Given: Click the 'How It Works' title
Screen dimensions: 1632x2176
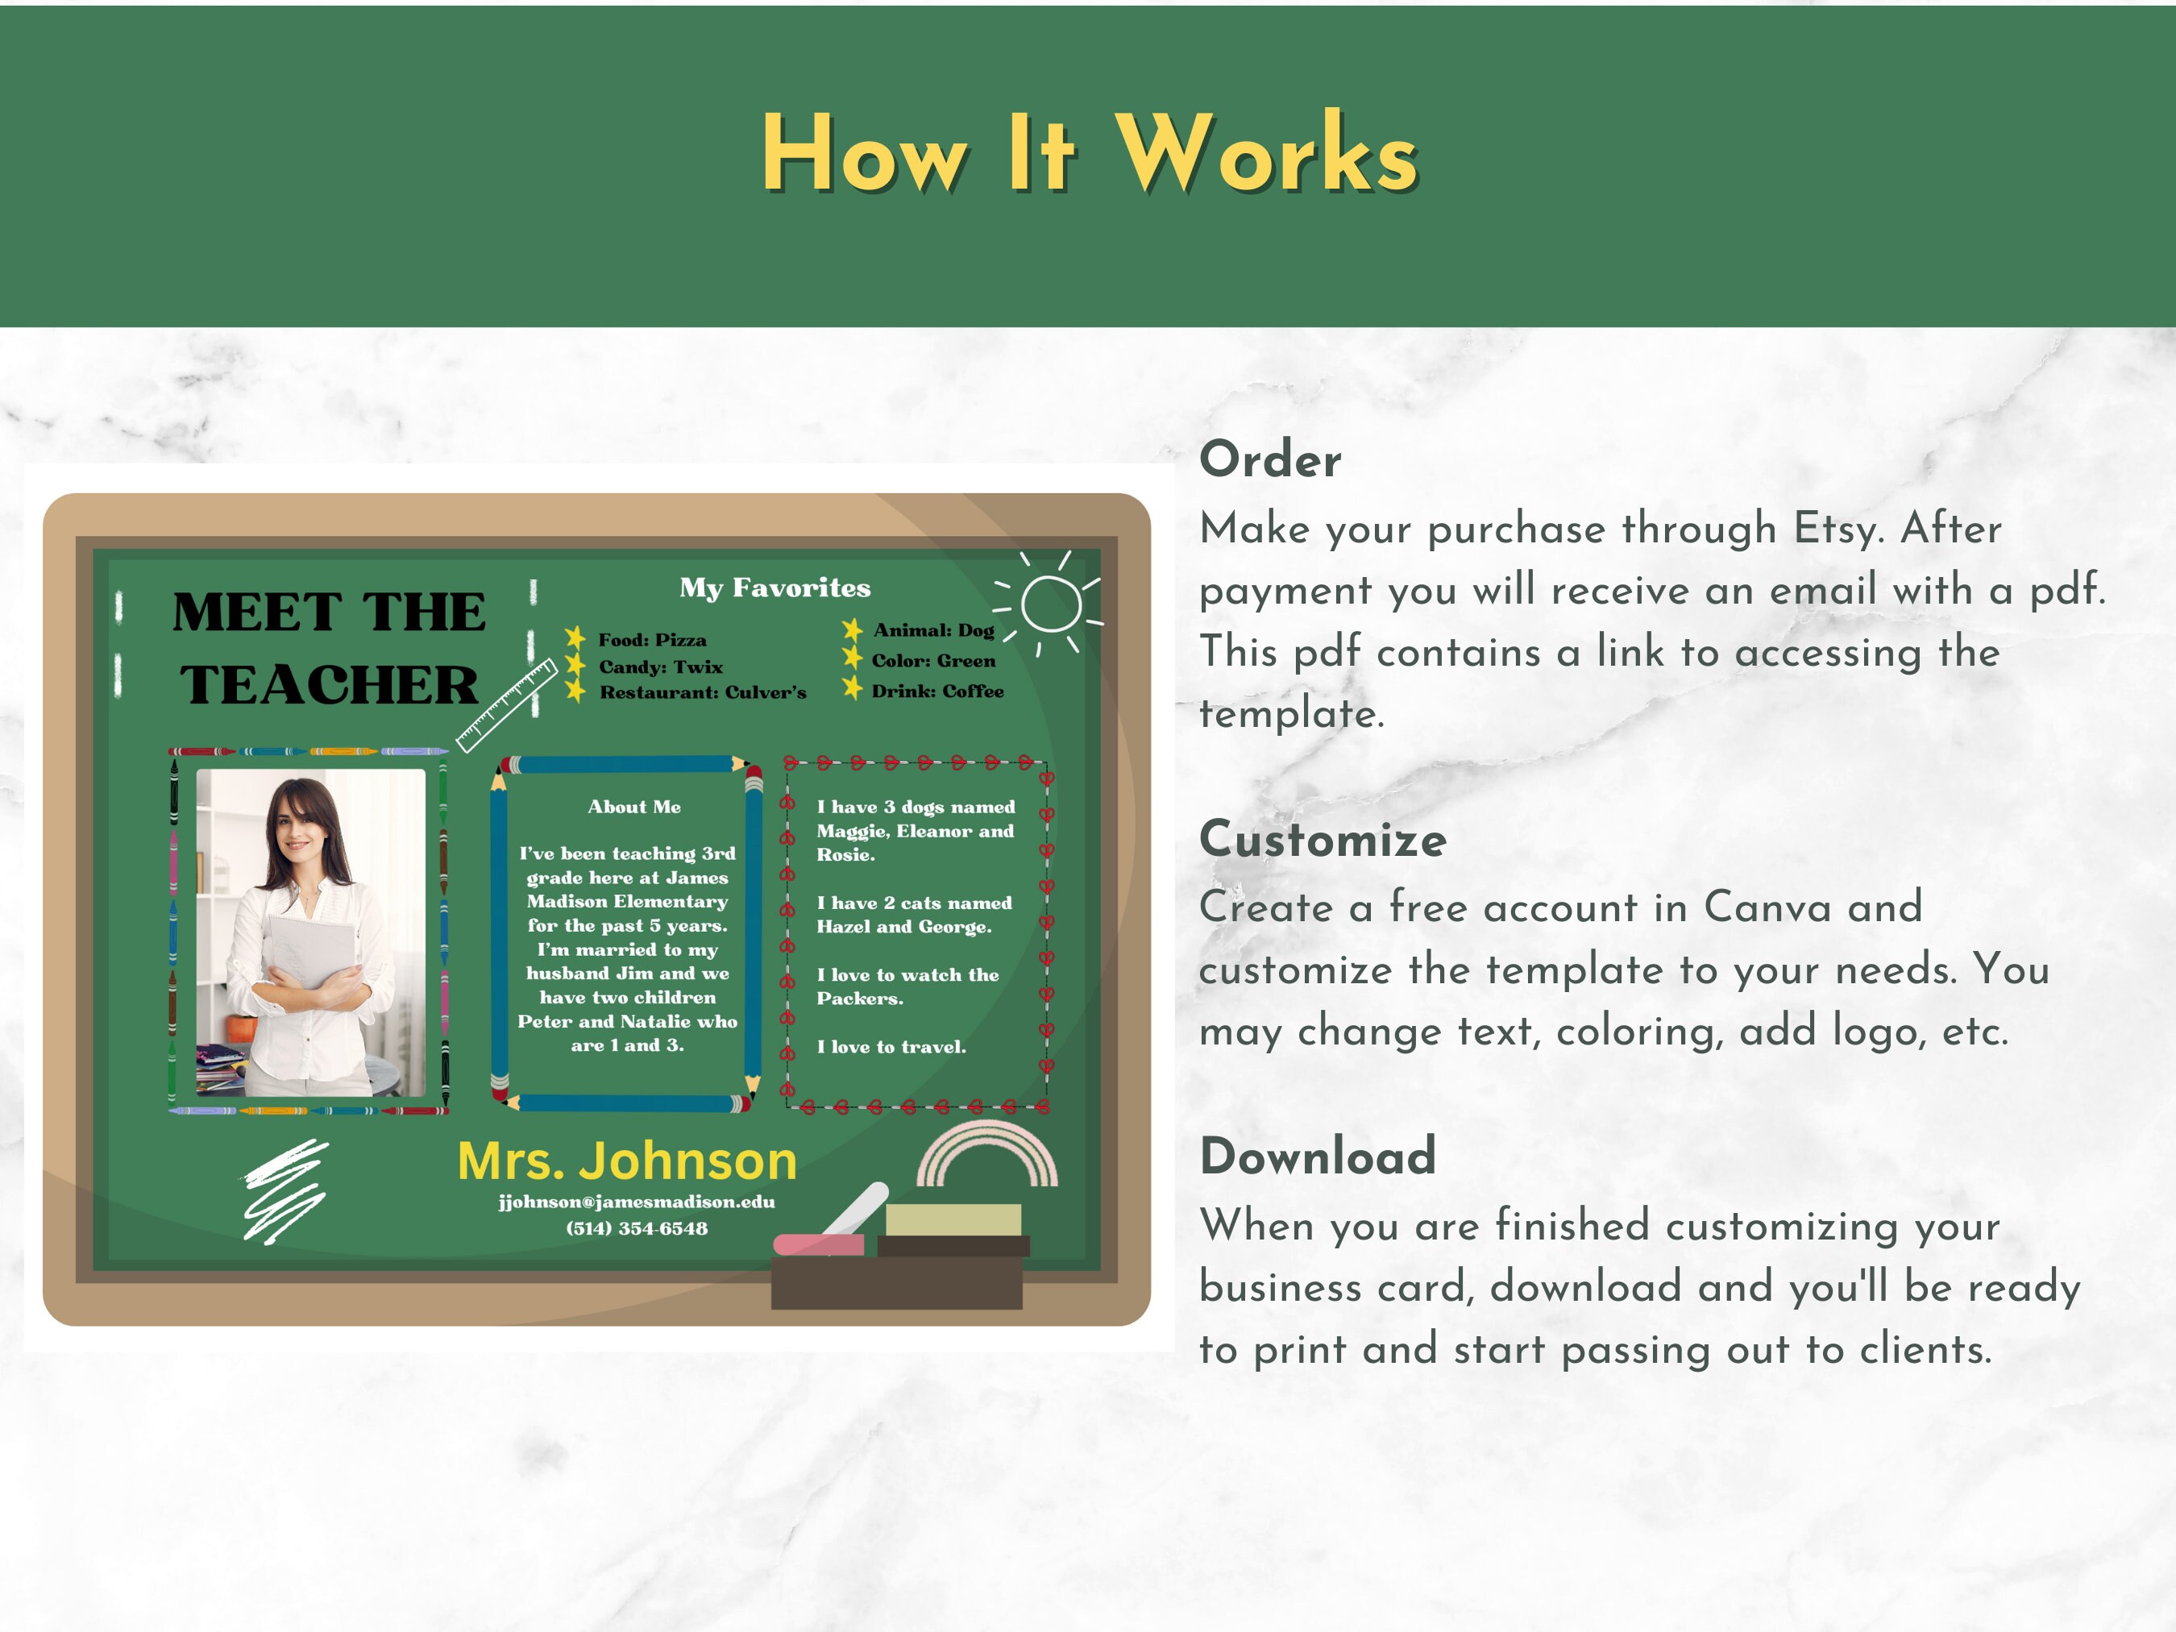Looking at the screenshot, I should coord(1089,155).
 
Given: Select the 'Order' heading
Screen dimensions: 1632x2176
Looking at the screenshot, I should coord(1270,459).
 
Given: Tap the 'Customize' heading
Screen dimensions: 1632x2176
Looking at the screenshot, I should coord(1323,839).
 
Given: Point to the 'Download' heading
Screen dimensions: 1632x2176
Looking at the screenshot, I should coord(1317,1156).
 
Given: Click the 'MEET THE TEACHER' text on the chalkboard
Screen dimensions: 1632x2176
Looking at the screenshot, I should coord(329,648).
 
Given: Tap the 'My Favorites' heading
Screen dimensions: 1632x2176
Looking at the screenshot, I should coord(774,588).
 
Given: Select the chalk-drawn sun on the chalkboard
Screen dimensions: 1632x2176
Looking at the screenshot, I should coord(1051,602).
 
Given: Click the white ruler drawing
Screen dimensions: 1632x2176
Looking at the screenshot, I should coord(508,704).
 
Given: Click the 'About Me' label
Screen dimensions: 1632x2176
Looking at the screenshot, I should coord(633,807).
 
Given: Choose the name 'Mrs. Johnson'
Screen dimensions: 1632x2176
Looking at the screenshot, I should coord(627,1161).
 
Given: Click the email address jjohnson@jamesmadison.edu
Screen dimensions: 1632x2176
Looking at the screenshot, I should coord(637,1201).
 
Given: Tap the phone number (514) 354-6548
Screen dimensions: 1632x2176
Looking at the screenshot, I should coord(637,1227).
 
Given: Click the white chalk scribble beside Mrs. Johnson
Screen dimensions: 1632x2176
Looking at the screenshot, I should coord(285,1190).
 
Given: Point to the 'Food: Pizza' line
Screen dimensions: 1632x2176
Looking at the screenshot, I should coord(652,639).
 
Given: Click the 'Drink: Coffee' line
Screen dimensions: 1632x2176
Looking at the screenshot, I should coord(936,691).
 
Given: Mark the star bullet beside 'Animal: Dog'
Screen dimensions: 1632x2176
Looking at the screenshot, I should coord(852,629).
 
